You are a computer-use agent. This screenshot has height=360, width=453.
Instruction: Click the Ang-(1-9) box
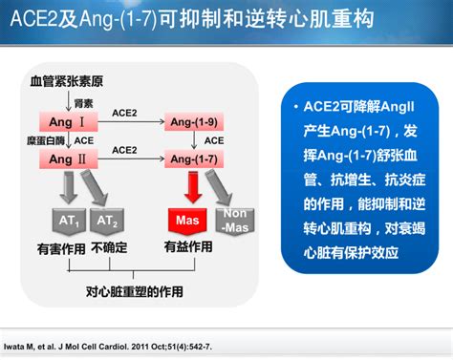tap(194, 123)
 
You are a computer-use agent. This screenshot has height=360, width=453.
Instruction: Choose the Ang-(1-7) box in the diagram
tap(194, 159)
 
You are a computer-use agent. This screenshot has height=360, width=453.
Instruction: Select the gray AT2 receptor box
tap(107, 222)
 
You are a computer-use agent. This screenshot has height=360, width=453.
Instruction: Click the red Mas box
tap(186, 222)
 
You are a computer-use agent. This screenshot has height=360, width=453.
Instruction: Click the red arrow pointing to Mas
tap(192, 188)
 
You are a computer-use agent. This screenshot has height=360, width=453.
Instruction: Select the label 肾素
tap(85, 103)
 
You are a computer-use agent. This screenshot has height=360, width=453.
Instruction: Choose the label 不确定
tap(111, 248)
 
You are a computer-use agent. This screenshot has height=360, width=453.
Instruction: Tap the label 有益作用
tap(188, 246)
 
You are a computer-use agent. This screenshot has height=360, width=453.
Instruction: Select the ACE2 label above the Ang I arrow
tap(124, 113)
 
